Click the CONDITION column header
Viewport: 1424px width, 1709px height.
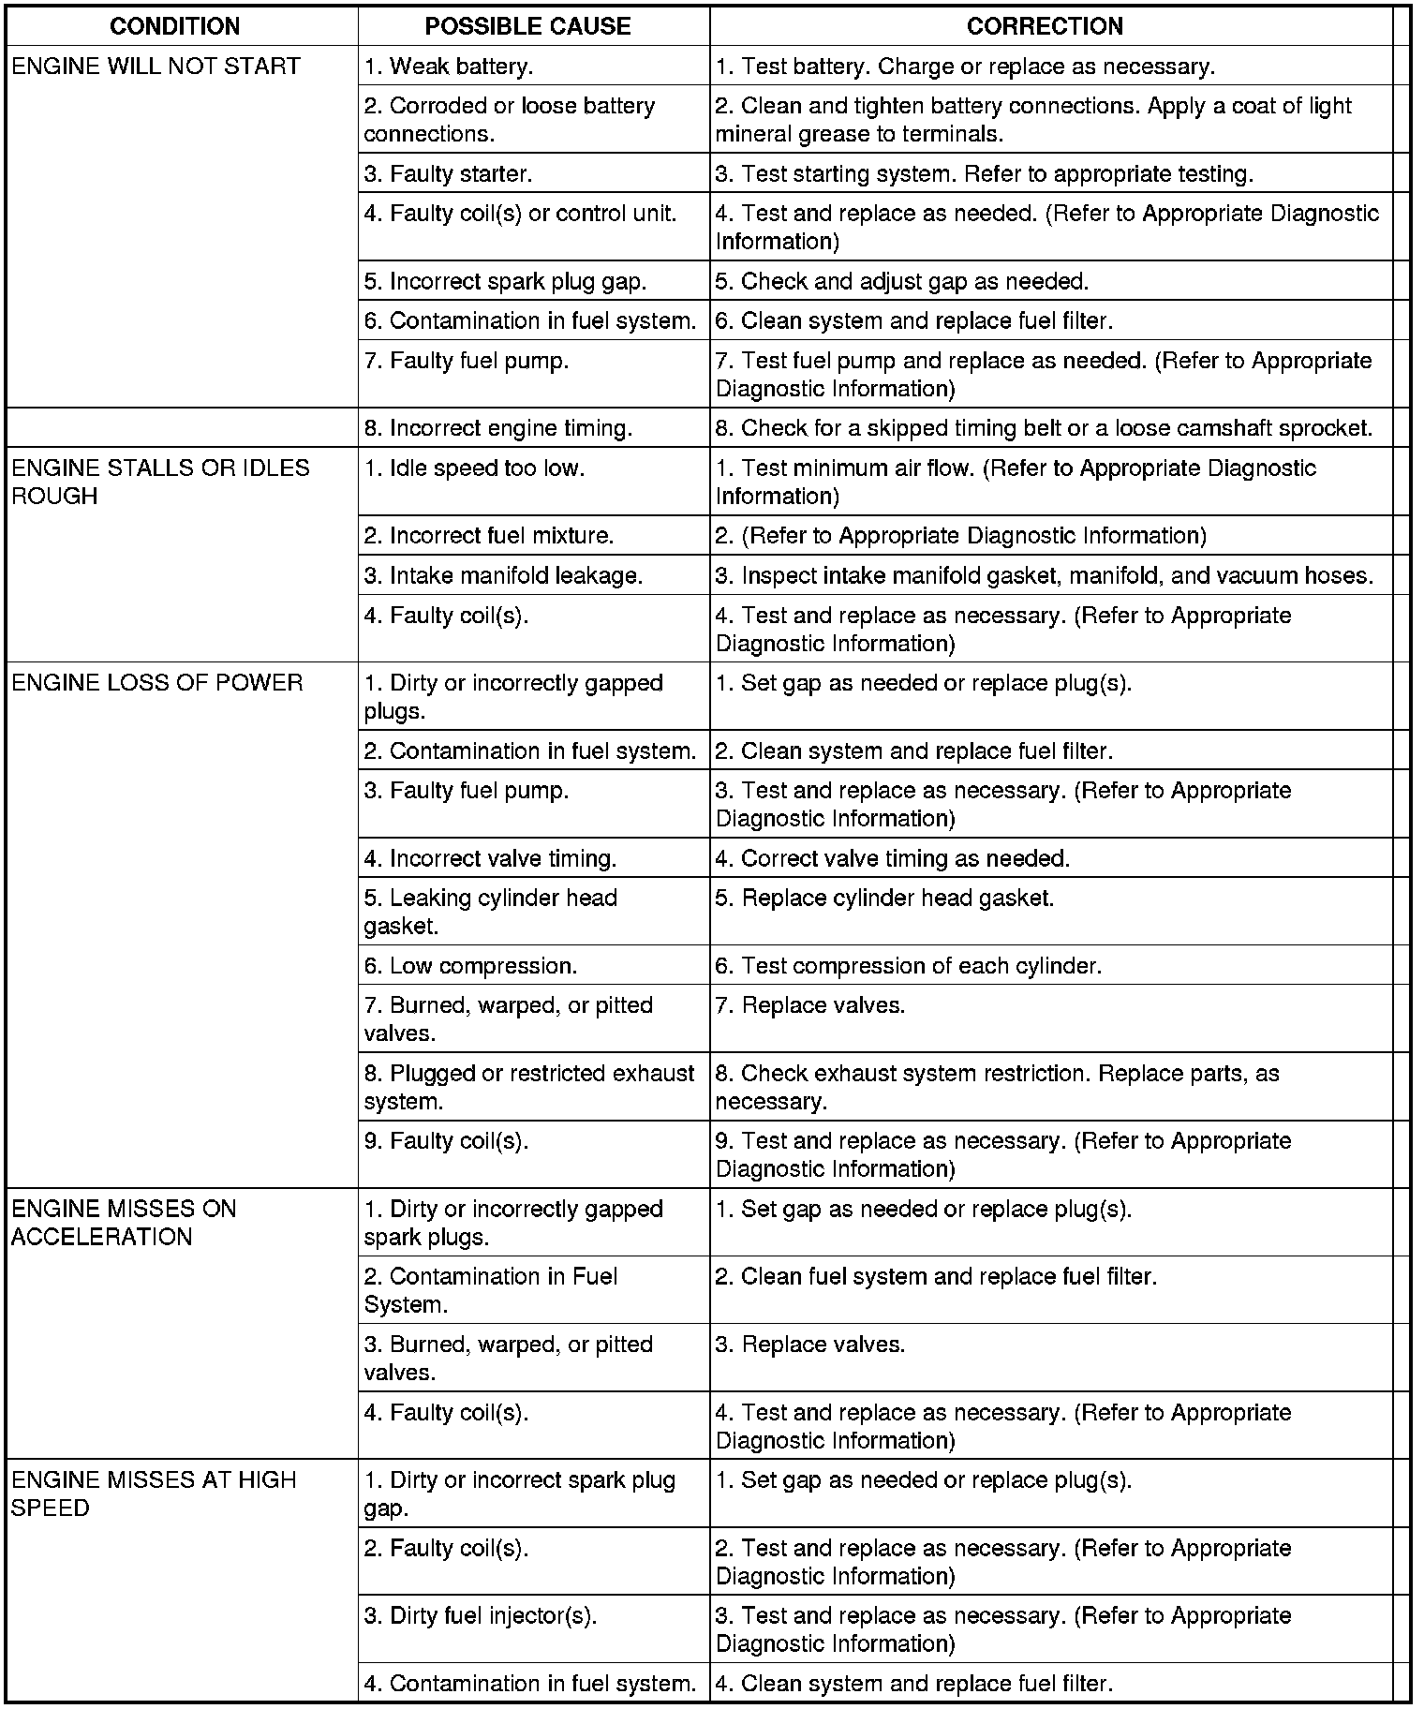[x=175, y=26]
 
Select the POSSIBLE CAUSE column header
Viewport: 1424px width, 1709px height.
[x=527, y=26]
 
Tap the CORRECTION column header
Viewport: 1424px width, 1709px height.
[x=1045, y=26]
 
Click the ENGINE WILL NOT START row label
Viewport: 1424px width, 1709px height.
[x=156, y=67]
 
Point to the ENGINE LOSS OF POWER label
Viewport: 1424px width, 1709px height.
[x=157, y=683]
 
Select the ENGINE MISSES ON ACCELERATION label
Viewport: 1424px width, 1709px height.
[x=124, y=1223]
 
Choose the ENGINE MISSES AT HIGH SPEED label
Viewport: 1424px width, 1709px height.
[x=154, y=1494]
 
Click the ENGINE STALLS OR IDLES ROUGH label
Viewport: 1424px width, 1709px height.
[x=160, y=482]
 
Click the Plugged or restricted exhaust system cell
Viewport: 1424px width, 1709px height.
[x=529, y=1087]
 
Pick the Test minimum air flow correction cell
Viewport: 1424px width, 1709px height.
[x=1016, y=482]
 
